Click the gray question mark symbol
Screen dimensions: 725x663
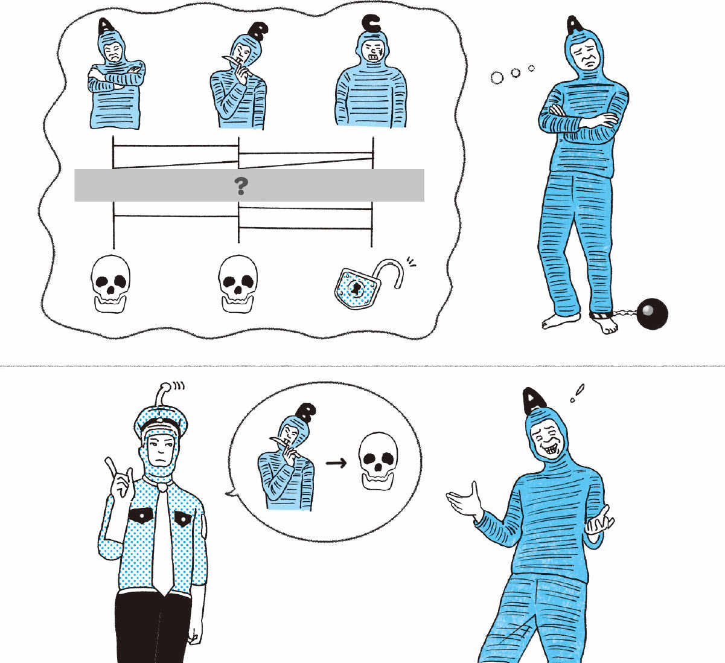241,186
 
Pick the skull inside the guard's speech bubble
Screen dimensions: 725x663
378,461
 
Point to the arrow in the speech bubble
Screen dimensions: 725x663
336,463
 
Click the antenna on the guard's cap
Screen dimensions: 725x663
164,396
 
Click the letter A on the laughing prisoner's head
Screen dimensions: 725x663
534,400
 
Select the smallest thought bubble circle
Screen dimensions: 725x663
531,68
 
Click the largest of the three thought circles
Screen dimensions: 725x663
497,77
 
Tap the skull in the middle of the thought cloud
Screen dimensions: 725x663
238,284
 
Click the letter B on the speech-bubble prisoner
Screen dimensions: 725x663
306,412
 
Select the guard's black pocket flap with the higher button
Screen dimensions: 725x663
141,515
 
